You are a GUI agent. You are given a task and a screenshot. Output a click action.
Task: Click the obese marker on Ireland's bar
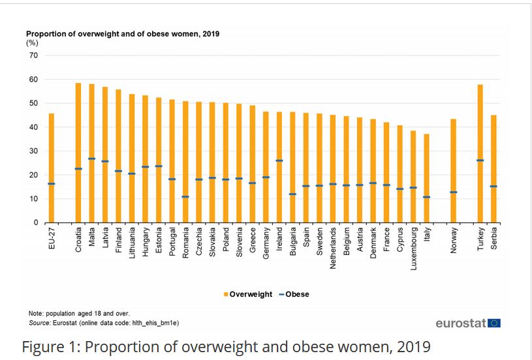click(x=279, y=160)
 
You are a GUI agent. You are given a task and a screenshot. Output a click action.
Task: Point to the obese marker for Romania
click(x=185, y=196)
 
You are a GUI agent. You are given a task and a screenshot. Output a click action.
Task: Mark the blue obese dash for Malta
click(x=92, y=158)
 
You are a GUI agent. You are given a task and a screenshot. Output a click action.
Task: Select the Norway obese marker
click(x=454, y=192)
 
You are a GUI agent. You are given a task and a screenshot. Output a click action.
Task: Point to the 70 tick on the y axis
click(x=33, y=55)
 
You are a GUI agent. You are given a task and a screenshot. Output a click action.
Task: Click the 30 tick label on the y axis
click(x=33, y=151)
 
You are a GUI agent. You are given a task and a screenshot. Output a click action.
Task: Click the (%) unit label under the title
click(x=32, y=42)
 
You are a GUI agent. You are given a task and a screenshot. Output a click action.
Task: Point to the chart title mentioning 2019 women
click(x=122, y=33)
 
